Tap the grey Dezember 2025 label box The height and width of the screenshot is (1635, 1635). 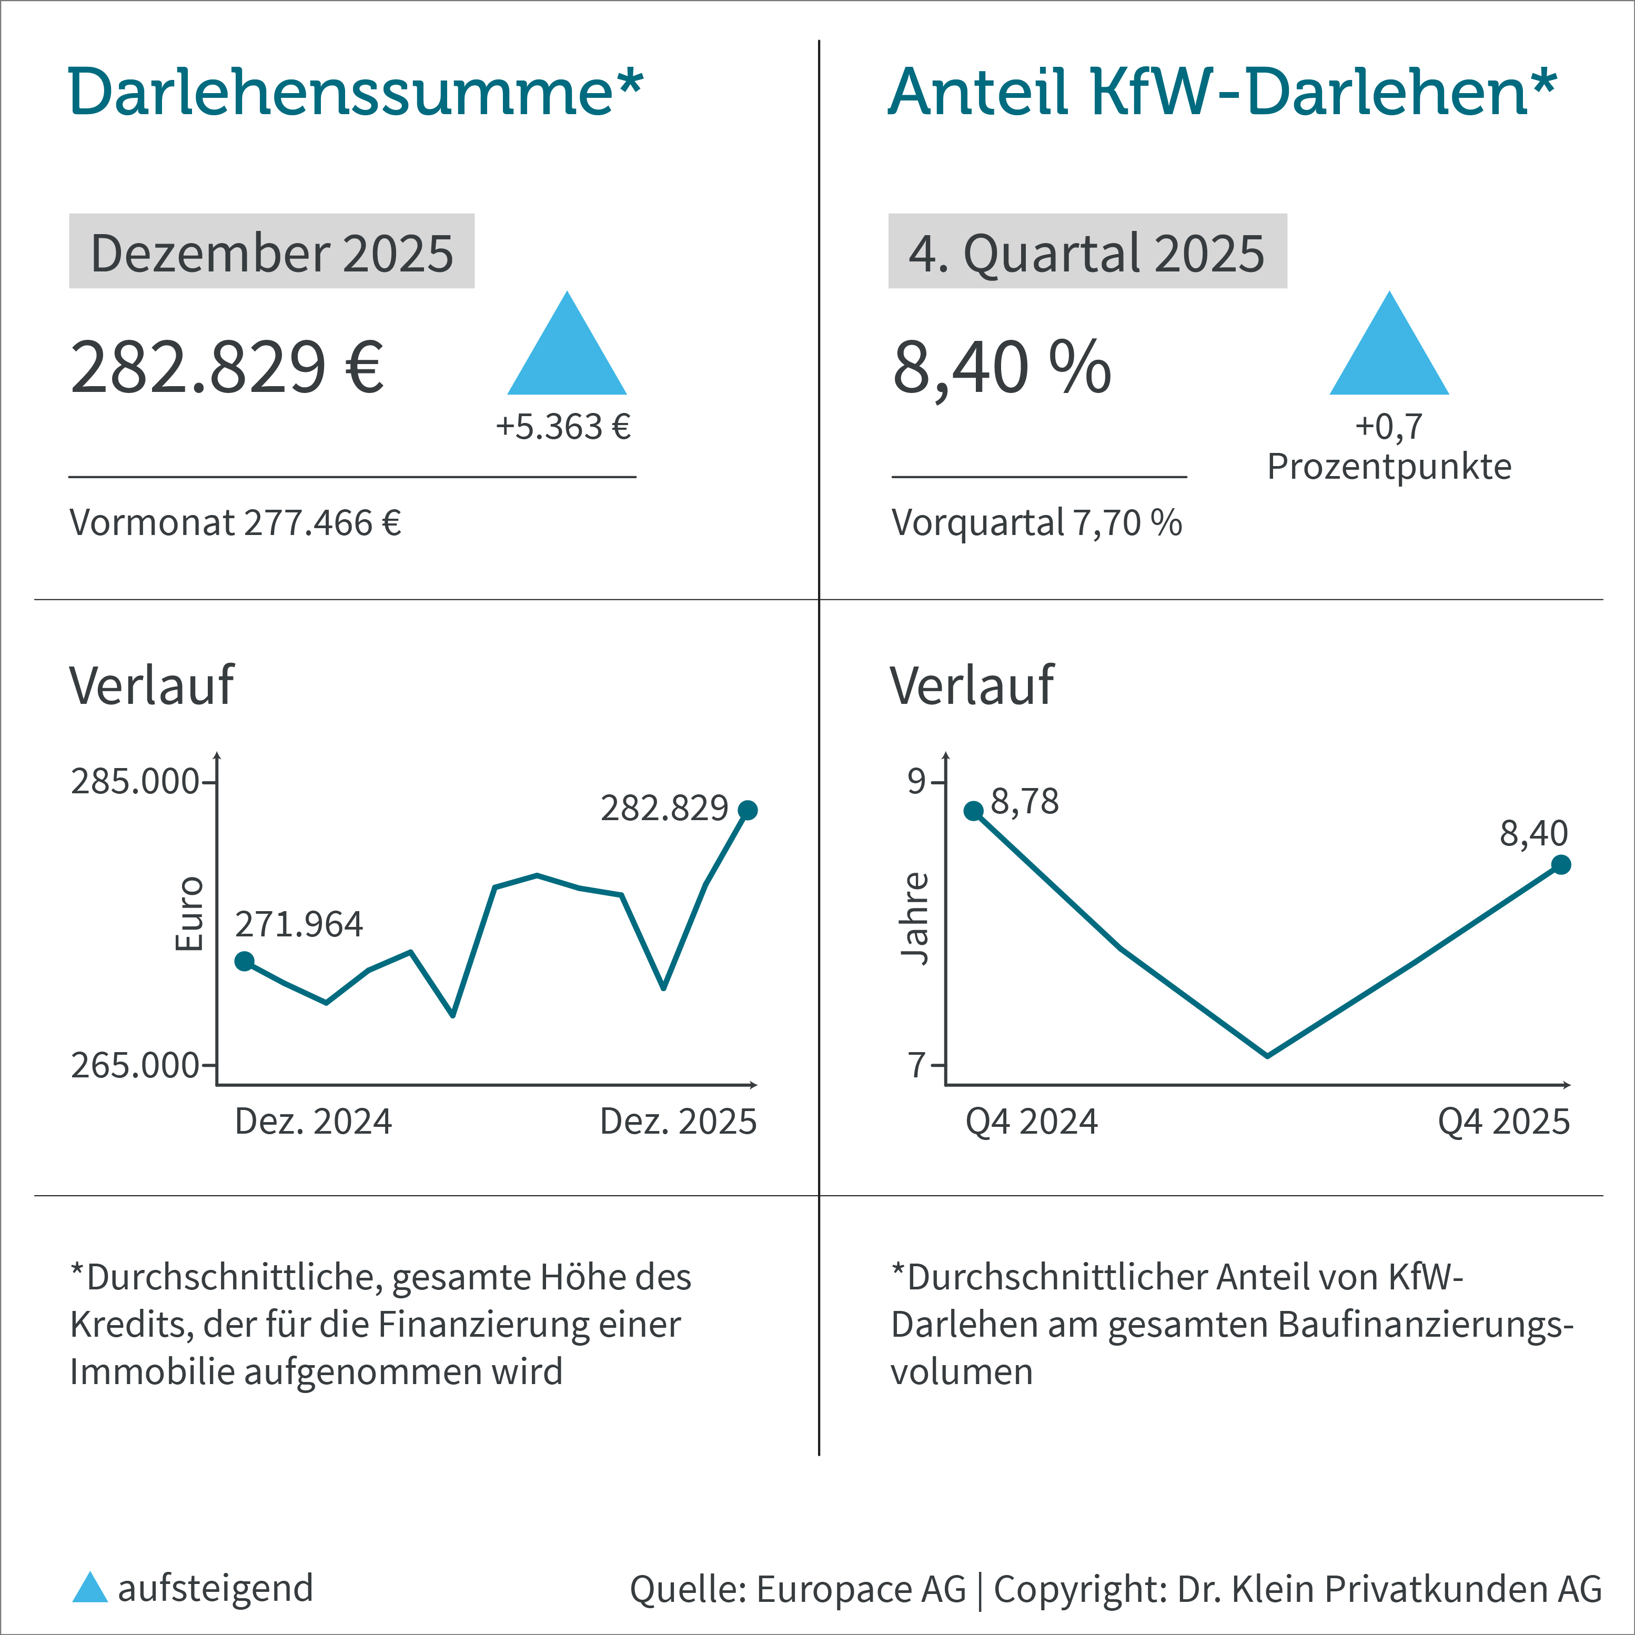(x=271, y=251)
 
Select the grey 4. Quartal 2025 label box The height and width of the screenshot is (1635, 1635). (x=1087, y=251)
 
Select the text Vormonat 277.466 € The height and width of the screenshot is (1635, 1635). (x=235, y=523)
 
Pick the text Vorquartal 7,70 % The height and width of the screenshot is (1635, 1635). (x=1037, y=523)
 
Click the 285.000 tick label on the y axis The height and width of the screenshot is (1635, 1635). (x=135, y=782)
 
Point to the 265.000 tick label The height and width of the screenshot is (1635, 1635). (x=135, y=1065)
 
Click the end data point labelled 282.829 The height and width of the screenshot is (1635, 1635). (x=747, y=810)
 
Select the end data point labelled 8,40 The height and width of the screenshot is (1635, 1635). (x=1561, y=864)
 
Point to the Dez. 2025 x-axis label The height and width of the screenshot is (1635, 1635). (x=678, y=1122)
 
